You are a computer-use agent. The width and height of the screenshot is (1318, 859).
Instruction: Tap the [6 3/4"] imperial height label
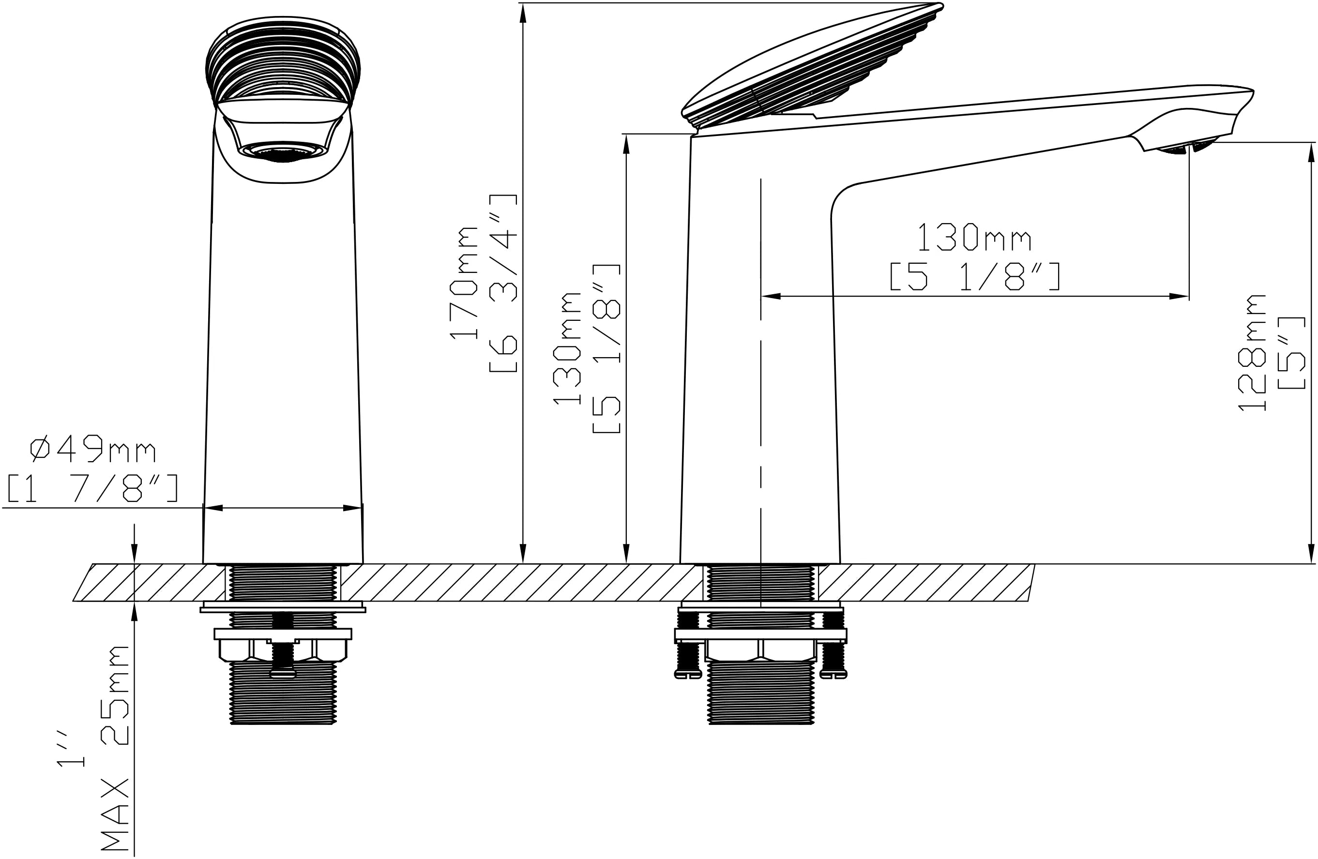(503, 283)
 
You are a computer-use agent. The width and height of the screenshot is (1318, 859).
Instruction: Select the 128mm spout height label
(1252, 352)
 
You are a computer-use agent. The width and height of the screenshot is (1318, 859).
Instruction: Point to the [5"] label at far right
(1291, 353)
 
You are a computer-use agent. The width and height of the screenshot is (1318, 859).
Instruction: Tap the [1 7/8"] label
(92, 488)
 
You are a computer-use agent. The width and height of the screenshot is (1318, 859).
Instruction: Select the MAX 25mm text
(115, 751)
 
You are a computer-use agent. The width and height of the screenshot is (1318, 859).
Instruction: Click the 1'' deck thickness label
(71, 748)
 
